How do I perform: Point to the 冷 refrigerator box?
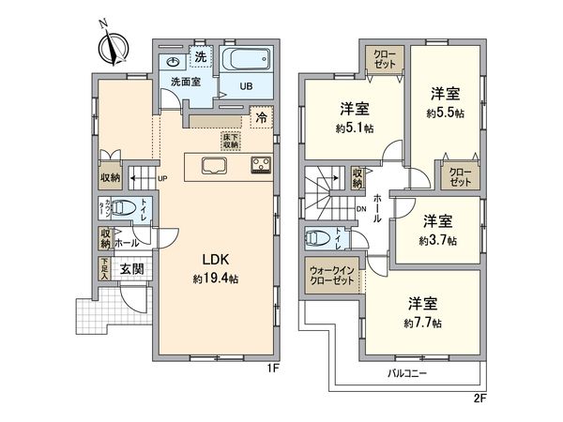click(x=264, y=120)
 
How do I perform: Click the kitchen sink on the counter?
click(x=214, y=167)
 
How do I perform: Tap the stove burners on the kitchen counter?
click(x=260, y=167)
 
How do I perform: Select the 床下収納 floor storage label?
click(x=230, y=141)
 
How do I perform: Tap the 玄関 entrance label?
click(x=131, y=269)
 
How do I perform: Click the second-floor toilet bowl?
click(x=316, y=237)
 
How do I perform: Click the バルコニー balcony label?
click(x=408, y=373)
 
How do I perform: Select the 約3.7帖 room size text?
click(x=438, y=240)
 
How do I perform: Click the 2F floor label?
click(x=479, y=398)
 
